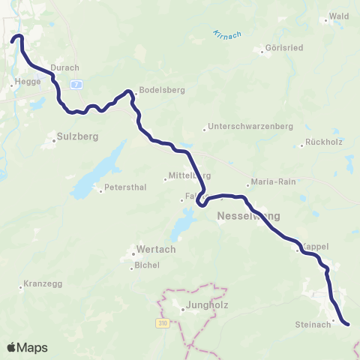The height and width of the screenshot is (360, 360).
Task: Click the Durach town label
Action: [x=64, y=67]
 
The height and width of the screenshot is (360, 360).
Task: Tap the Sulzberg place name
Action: [x=73, y=137]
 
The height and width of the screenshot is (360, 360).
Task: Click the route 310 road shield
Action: [x=163, y=322]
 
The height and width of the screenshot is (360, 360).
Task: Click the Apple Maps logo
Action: [x=27, y=347]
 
